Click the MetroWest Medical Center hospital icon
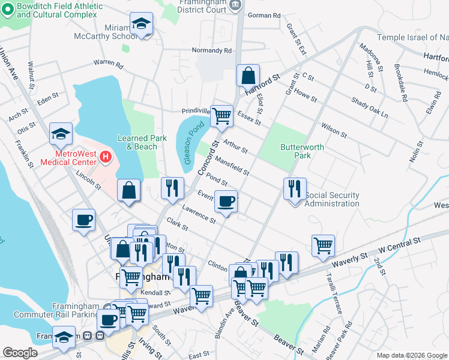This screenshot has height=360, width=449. click(106, 158)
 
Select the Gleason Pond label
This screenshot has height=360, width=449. click(190, 143)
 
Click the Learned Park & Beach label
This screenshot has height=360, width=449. click(142, 142)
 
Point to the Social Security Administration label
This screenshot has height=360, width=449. click(332, 199)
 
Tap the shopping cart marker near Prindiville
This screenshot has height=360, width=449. click(222, 117)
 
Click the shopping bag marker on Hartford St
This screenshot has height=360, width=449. click(248, 76)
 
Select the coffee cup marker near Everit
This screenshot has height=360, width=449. click(226, 202)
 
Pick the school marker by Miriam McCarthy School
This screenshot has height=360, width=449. click(142, 25)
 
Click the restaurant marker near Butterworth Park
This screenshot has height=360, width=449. click(295, 189)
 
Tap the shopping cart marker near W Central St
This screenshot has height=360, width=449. click(323, 245)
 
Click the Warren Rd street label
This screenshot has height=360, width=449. click(108, 64)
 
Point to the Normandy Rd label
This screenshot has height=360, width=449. click(211, 51)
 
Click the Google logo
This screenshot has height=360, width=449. click(20, 353)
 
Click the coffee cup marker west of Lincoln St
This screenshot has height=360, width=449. click(83, 220)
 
